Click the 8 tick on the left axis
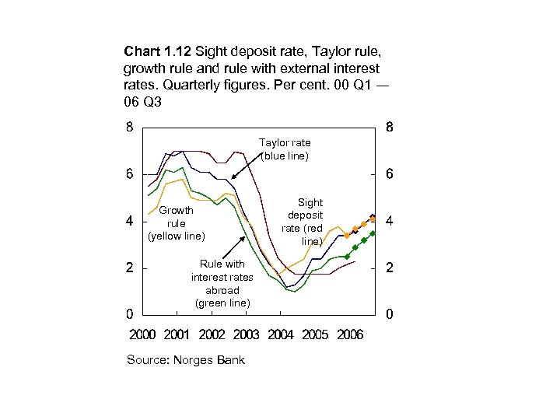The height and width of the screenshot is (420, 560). [x=131, y=128]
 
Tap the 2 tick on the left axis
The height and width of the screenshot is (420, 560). [x=131, y=268]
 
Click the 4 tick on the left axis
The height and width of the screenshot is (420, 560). [x=131, y=222]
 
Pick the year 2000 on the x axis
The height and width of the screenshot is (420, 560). [x=142, y=334]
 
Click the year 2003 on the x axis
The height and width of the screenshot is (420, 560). [x=246, y=334]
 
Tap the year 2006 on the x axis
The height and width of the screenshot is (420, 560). [x=349, y=334]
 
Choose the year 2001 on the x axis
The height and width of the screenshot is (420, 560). [x=177, y=334]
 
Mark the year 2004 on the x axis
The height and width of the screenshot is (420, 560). [x=281, y=334]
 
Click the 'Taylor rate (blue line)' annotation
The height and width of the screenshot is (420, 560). [x=285, y=149]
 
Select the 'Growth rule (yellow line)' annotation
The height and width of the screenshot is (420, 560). [x=176, y=223]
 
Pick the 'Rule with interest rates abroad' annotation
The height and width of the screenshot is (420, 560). [x=222, y=283]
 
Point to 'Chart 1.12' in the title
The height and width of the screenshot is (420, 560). [x=158, y=52]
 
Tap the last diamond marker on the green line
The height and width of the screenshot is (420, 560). [x=373, y=233]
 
